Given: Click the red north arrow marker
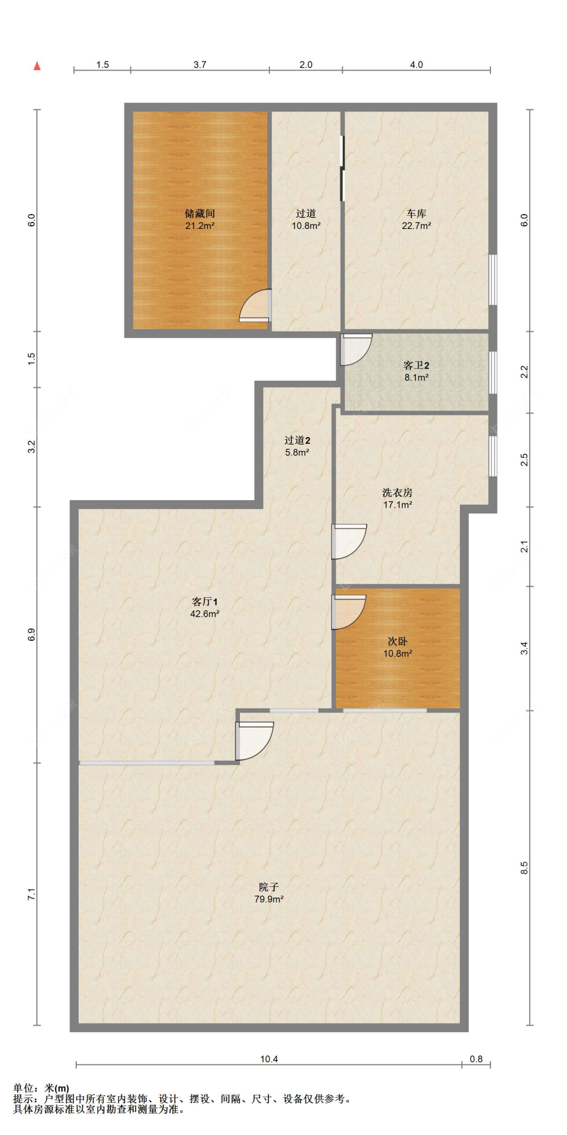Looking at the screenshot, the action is (37, 66).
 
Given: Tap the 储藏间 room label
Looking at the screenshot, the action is (200, 214).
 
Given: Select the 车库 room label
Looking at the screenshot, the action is (416, 214).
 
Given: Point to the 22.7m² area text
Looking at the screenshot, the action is (416, 226).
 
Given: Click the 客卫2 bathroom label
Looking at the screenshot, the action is (416, 365).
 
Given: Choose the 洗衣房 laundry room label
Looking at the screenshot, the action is (397, 492).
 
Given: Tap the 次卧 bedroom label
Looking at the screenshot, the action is (397, 641).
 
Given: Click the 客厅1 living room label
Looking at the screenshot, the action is (205, 602).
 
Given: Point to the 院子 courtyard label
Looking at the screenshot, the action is (269, 887).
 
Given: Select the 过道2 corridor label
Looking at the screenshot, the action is (297, 440).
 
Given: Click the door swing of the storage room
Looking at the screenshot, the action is (255, 305).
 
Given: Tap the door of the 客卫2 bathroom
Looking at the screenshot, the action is (356, 349).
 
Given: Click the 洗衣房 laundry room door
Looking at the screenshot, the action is (349, 542).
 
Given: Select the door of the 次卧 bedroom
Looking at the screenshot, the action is (348, 612).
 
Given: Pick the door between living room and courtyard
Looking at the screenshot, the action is (255, 741).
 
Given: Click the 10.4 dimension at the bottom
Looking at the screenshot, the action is (269, 1059).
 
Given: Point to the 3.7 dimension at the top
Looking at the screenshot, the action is (200, 65).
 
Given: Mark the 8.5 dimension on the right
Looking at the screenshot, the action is (524, 868).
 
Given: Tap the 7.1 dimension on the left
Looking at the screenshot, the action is (31, 894).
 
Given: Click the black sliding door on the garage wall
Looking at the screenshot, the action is (342, 168).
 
